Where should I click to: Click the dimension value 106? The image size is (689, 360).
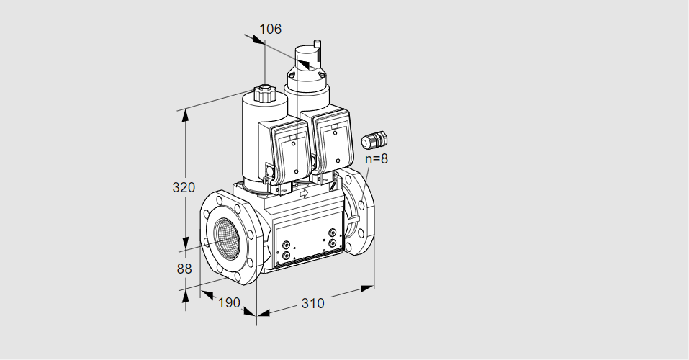[x=270, y=29]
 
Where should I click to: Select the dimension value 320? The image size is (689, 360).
[x=184, y=187]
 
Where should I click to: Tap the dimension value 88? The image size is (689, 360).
[x=184, y=269]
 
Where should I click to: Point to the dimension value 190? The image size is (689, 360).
[x=229, y=302]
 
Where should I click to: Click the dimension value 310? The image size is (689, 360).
[x=312, y=303]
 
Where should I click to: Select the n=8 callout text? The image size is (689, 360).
[x=377, y=158]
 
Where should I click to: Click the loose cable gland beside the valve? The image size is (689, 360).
[x=374, y=140]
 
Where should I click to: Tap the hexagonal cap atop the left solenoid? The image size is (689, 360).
[x=264, y=93]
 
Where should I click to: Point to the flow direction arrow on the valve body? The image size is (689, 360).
[x=303, y=192]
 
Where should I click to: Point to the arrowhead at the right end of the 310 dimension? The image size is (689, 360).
[x=367, y=288]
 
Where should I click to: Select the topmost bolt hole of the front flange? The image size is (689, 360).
[x=220, y=200]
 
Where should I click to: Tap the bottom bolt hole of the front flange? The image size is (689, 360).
[x=238, y=276]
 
